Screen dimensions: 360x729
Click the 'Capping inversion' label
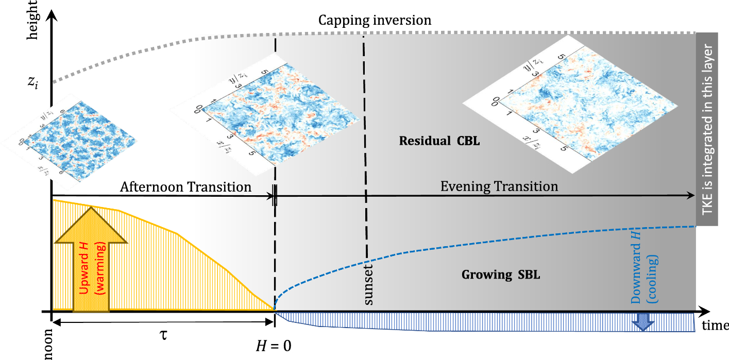tap(375, 21)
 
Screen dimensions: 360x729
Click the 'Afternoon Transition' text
tap(186, 186)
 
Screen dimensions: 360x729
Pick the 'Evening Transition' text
tap(499, 186)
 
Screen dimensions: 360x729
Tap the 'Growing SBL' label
tap(500, 275)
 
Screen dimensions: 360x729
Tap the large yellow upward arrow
tap(91, 258)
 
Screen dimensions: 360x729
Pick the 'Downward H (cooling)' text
tap(644, 282)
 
